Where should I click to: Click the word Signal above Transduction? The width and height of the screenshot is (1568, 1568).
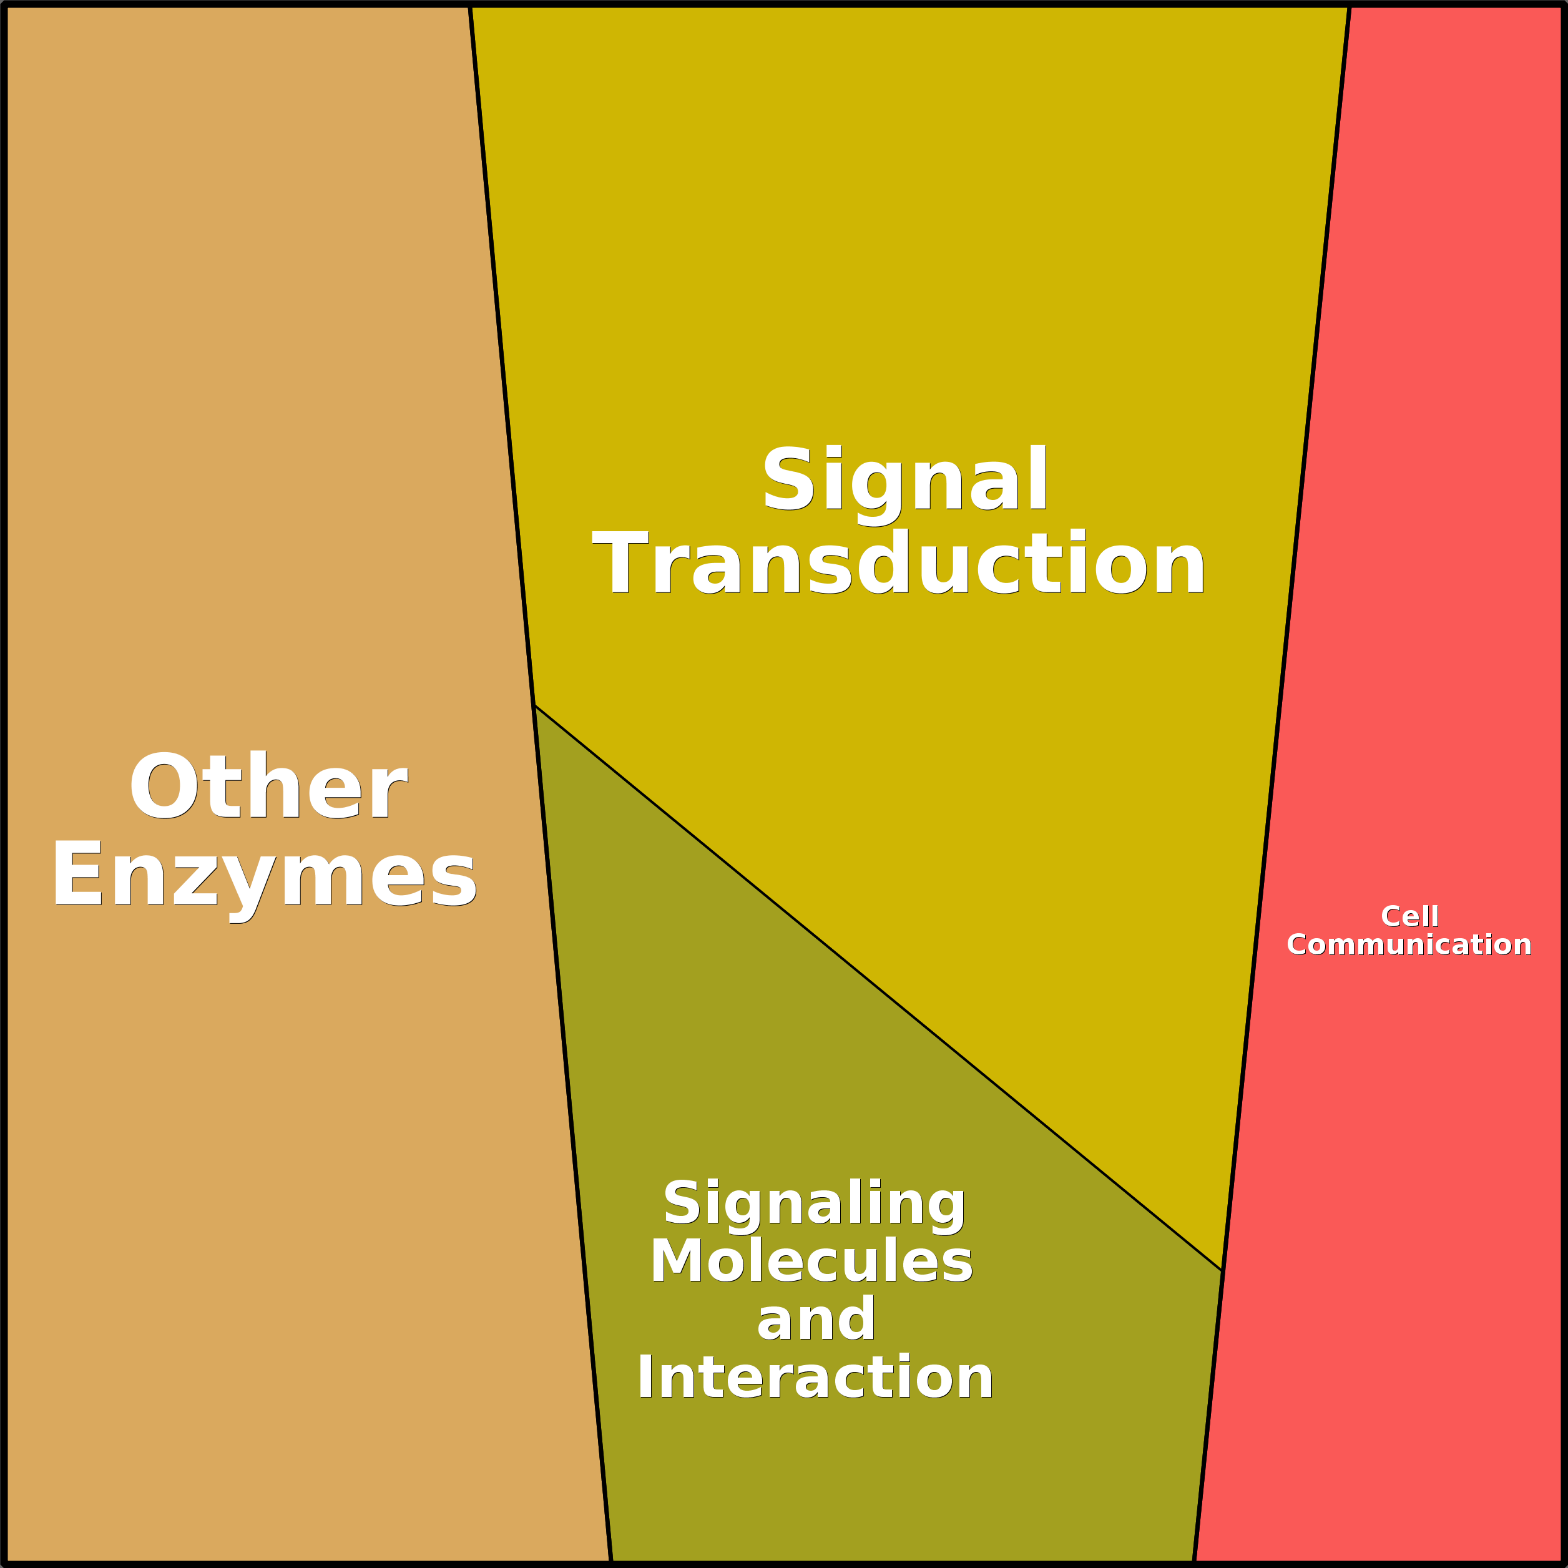click(x=906, y=482)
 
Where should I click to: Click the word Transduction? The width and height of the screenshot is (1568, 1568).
click(x=899, y=564)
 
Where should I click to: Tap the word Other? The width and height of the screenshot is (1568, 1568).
click(x=268, y=786)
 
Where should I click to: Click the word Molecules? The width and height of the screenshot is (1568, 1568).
click(x=811, y=1262)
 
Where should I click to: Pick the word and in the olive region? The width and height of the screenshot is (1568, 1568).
click(x=816, y=1319)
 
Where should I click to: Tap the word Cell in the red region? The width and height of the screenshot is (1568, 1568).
click(x=1409, y=916)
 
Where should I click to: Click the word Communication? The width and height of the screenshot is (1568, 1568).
click(x=1409, y=944)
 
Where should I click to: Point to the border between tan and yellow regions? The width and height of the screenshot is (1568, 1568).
click(x=502, y=355)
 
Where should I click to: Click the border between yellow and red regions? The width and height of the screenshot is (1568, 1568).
click(x=1286, y=639)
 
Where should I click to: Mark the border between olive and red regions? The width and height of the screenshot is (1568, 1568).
click(x=1208, y=1416)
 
